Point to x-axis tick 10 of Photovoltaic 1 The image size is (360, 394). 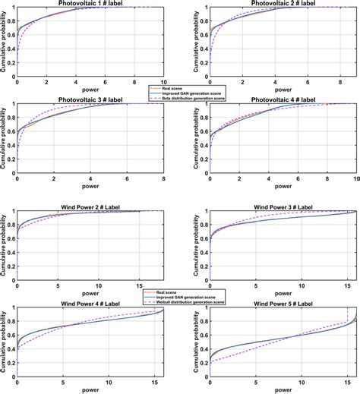pyautogui.click(x=164, y=80)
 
